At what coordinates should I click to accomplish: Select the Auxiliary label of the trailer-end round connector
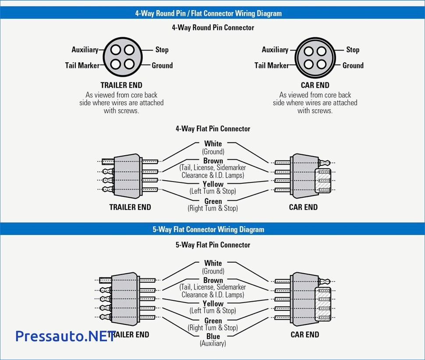pyautogui.click(x=85, y=50)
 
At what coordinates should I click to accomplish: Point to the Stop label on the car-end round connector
pyautogui.click(x=352, y=50)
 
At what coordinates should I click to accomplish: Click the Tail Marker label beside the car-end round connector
pyautogui.click(x=271, y=65)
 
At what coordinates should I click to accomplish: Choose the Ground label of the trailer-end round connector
pyautogui.click(x=162, y=65)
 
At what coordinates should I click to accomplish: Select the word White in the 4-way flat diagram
pyautogui.click(x=213, y=144)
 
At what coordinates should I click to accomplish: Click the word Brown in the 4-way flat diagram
pyautogui.click(x=213, y=161)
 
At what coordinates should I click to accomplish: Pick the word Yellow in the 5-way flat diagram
pyautogui.click(x=213, y=303)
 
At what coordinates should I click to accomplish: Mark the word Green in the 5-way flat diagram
pyautogui.click(x=213, y=321)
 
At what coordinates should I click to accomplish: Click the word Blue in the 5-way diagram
pyautogui.click(x=213, y=336)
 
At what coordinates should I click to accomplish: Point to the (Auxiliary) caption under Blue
pyautogui.click(x=213, y=344)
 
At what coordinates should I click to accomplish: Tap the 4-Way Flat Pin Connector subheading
pyautogui.click(x=213, y=129)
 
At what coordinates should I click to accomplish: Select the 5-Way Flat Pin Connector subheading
pyautogui.click(x=213, y=245)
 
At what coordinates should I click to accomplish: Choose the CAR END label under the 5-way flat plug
pyautogui.click(x=305, y=335)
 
